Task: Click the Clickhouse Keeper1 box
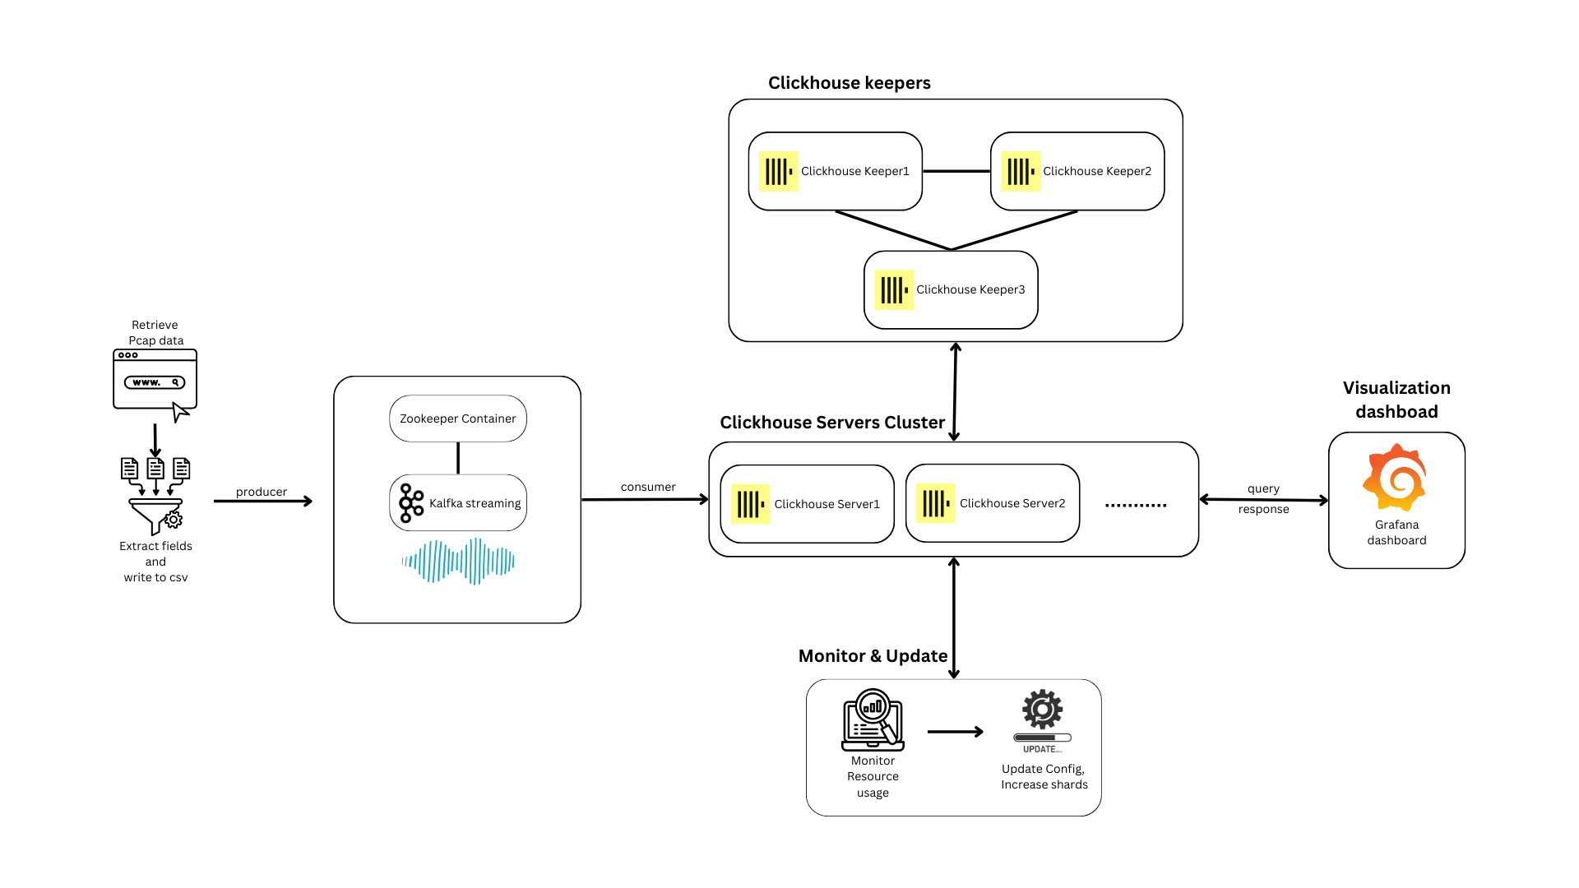835,171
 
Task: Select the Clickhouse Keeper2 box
1077,171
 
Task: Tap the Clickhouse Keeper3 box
951,289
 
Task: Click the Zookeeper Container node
458,419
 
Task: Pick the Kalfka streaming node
458,502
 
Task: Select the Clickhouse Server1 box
807,504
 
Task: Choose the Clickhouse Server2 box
992,503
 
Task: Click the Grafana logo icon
1395,478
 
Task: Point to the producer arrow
262,501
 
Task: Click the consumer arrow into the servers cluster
645,499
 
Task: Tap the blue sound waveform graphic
458,562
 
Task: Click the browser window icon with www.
155,380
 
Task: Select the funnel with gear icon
155,515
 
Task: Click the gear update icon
1042,710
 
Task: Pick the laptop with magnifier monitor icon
873,720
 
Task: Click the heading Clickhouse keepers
849,83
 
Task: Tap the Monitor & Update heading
873,656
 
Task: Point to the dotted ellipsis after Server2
1135,505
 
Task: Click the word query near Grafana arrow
1263,488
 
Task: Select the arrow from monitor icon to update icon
955,731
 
